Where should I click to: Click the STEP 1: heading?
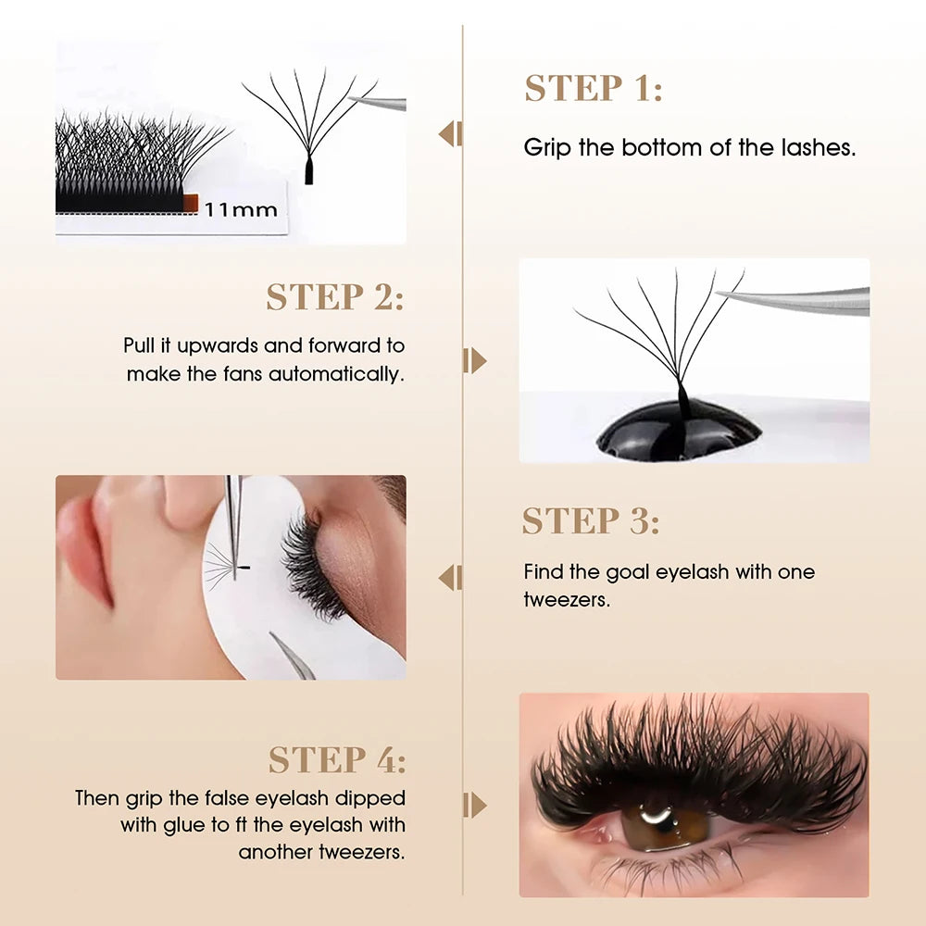coord(594,88)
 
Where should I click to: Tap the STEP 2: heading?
coord(334,297)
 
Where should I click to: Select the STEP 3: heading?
coord(590,521)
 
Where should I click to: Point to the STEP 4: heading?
coord(337,760)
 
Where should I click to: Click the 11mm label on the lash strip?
coord(241,209)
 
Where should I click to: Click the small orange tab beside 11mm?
coord(188,202)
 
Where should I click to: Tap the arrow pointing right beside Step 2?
coord(475,360)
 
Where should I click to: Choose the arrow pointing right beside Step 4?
coord(475,805)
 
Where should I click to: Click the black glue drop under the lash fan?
coord(679,435)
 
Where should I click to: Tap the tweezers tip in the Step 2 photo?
coord(722,295)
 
